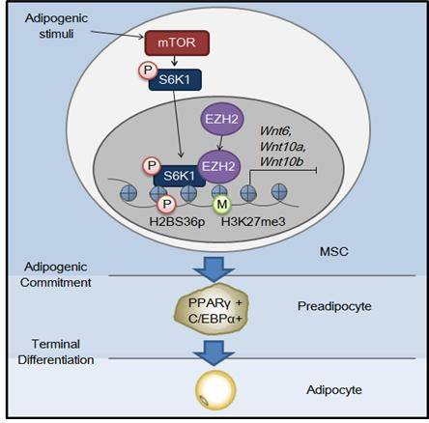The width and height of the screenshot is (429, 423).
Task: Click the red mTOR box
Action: click(x=177, y=42)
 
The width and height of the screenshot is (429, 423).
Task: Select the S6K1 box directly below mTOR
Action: click(x=175, y=79)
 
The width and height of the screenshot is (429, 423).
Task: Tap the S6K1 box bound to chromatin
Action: click(x=180, y=176)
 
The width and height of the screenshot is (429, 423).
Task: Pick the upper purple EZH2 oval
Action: click(x=222, y=119)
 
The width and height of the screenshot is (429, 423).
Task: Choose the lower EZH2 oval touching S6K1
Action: click(x=218, y=166)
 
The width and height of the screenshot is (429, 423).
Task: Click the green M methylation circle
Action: click(x=222, y=204)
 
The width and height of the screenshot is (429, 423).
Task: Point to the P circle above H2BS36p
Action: click(x=167, y=204)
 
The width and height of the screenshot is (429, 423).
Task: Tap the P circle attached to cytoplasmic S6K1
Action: click(x=148, y=70)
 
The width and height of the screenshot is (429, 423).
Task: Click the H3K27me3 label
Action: click(x=253, y=221)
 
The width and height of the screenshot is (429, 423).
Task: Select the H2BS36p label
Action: click(x=177, y=221)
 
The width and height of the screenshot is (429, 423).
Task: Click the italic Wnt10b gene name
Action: click(x=281, y=161)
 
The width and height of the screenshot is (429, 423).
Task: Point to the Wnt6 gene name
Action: click(x=275, y=130)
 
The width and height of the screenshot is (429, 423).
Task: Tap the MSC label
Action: click(x=334, y=251)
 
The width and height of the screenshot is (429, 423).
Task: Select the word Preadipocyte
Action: click(x=334, y=306)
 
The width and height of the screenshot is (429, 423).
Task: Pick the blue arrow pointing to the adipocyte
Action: click(x=214, y=352)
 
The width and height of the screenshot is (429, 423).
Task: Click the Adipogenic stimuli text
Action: click(x=56, y=26)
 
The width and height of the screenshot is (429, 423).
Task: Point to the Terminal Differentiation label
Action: click(x=56, y=352)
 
